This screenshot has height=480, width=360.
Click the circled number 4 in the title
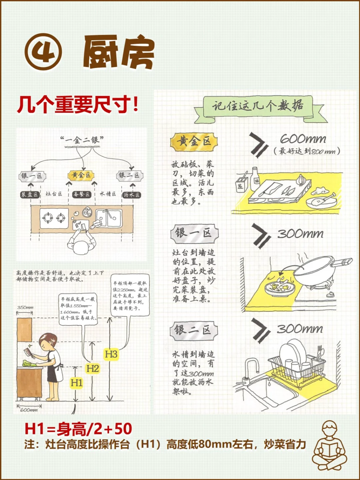(x=43, y=53)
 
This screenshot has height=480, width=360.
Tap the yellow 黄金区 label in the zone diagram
(x=81, y=175)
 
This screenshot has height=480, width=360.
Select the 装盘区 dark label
(x=30, y=194)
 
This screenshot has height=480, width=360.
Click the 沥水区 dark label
(x=131, y=195)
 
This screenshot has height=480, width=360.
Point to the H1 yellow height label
(x=76, y=383)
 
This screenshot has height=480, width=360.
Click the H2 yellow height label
(x=92, y=368)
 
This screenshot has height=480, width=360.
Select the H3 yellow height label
(x=111, y=354)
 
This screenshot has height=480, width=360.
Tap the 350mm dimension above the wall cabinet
(x=25, y=307)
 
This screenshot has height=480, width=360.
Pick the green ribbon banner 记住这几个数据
(x=258, y=107)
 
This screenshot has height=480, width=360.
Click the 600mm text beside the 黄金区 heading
(x=303, y=139)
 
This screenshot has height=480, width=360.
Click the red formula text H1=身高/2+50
(x=78, y=429)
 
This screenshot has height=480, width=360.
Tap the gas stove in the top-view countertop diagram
(x=53, y=218)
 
